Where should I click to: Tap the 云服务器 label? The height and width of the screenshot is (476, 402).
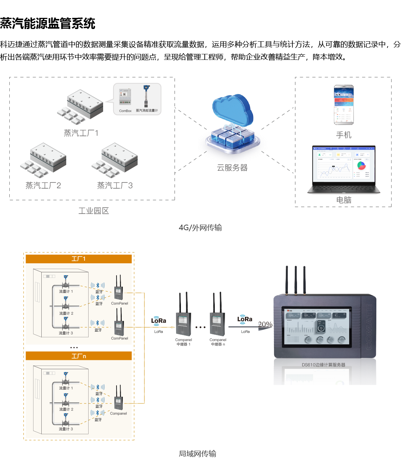pyautogui.click(x=232, y=168)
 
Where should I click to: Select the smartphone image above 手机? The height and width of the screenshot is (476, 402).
pyautogui.click(x=344, y=105)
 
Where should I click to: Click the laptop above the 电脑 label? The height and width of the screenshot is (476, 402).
pyautogui.click(x=344, y=170)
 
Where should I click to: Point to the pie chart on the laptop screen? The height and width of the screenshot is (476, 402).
pyautogui.click(x=361, y=165)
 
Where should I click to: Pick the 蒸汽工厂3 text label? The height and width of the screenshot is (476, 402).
pyautogui.click(x=115, y=186)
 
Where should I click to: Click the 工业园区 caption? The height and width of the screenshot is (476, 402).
pyautogui.click(x=93, y=211)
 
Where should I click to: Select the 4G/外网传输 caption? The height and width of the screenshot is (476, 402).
pyautogui.click(x=200, y=228)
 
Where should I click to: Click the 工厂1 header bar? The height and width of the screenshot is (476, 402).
pyautogui.click(x=79, y=259)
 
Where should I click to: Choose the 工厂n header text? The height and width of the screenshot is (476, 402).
pyautogui.click(x=79, y=356)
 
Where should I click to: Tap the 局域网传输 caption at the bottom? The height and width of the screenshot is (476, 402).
pyautogui.click(x=197, y=454)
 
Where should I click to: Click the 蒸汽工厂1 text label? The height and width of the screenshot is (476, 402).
pyautogui.click(x=81, y=133)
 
